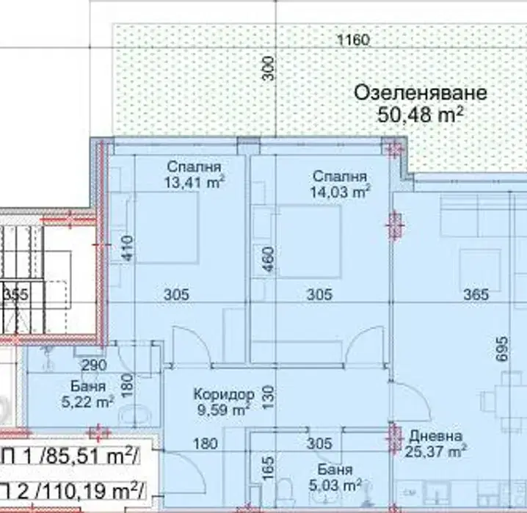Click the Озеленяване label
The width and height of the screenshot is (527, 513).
421,93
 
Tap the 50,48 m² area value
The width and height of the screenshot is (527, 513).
421,114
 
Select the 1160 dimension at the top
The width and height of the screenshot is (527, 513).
353,40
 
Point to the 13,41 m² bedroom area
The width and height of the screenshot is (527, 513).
195,183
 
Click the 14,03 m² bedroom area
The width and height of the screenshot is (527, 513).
340,192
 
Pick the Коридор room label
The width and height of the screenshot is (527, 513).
224,393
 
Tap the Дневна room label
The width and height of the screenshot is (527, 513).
436,436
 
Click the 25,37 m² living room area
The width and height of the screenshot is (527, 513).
436,451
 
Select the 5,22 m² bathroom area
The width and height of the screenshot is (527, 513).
88,401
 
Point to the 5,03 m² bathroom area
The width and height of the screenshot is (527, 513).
335,485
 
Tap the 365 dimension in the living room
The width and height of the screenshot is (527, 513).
476,294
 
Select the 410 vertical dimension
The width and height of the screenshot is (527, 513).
128,248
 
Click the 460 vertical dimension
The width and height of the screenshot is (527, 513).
269,259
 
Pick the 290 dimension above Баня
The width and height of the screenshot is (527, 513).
95,365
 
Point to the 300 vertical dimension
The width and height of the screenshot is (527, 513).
268,68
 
